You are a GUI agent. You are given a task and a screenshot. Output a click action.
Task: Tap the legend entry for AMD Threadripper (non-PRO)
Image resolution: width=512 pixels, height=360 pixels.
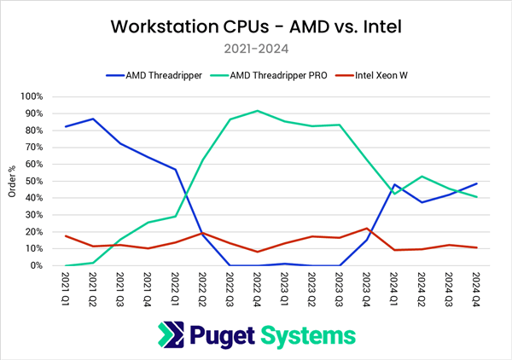click(x=160, y=75)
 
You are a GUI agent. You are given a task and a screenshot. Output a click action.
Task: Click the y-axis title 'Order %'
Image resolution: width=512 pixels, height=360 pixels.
click(x=12, y=181)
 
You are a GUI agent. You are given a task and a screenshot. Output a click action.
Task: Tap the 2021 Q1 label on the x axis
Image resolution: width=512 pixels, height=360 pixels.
click(x=66, y=290)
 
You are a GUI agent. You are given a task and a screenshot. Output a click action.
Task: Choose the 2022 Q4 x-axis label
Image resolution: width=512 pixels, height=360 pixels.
click(x=257, y=290)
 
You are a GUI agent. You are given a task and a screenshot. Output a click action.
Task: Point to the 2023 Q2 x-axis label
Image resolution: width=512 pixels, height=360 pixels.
click(x=311, y=290)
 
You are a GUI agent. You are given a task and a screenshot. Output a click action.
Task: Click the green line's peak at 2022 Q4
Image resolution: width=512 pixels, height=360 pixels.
click(x=257, y=111)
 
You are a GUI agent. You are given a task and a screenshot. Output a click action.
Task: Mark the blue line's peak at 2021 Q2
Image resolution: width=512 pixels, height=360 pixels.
click(x=92, y=119)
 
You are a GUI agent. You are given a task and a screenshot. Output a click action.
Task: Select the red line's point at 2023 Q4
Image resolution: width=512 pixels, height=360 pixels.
click(x=366, y=229)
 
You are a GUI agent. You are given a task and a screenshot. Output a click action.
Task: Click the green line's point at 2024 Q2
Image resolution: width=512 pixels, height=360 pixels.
click(x=421, y=177)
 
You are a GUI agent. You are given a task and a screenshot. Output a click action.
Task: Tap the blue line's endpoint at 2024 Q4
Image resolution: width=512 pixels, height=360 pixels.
click(x=475, y=183)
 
